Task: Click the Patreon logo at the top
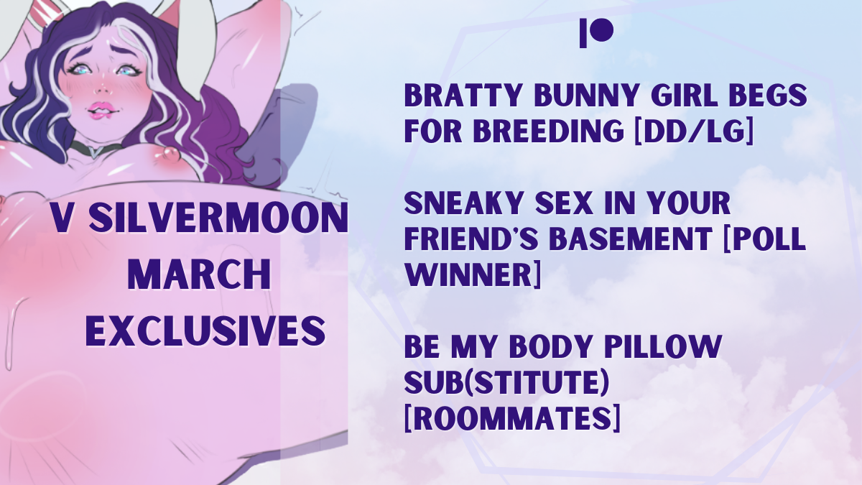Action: (x=596, y=33)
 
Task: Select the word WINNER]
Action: (x=473, y=274)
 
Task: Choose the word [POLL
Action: (x=764, y=239)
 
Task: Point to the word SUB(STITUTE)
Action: (x=507, y=382)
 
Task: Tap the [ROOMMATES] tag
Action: (x=512, y=417)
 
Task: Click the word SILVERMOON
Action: (x=218, y=218)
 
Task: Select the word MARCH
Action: (x=200, y=274)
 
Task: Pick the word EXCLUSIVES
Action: (x=205, y=331)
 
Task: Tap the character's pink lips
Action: (x=101, y=109)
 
